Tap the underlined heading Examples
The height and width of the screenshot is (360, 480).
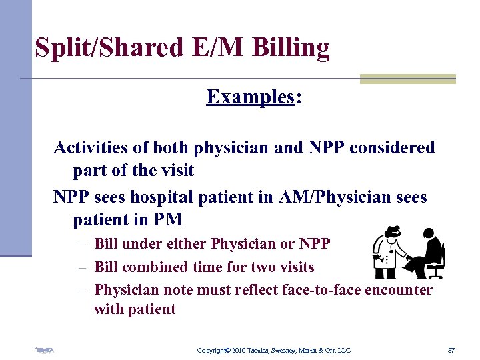click(250, 97)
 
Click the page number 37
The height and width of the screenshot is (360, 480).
click(451, 350)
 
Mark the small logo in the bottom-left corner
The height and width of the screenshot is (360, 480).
click(44, 349)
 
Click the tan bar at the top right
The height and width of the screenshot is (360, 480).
click(407, 79)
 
